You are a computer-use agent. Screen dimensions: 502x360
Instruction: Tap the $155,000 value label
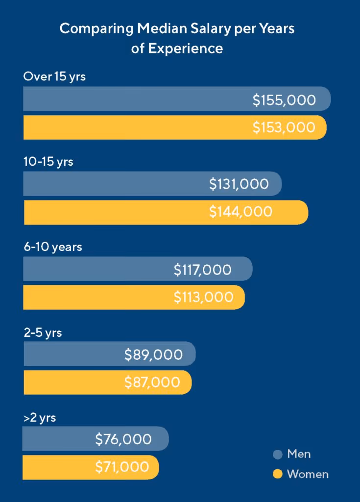[x=284, y=100]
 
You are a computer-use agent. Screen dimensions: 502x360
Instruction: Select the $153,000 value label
[x=284, y=127]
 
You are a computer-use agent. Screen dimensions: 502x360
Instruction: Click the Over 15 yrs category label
[x=54, y=76]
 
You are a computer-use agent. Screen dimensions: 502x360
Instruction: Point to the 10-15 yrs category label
[x=48, y=161]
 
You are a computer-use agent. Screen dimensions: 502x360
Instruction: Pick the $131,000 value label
[x=239, y=184]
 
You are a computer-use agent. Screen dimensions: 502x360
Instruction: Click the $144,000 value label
[x=240, y=212]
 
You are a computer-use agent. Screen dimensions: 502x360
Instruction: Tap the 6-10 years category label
[x=52, y=247]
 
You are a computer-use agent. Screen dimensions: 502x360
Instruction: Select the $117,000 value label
[x=203, y=269]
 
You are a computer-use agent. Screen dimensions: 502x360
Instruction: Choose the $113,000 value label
[x=203, y=297]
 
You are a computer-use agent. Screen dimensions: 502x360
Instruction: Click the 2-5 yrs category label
[x=43, y=332]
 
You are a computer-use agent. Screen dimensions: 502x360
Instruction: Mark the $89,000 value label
[x=153, y=354]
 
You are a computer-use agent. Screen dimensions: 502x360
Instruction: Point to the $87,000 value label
[x=152, y=382]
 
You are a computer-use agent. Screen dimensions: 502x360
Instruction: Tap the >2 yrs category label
[x=40, y=418]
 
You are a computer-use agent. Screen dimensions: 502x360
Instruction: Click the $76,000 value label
[x=123, y=439]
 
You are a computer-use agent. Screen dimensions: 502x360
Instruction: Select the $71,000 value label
[x=122, y=467]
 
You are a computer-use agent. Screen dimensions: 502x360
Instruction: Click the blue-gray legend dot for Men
[x=278, y=454]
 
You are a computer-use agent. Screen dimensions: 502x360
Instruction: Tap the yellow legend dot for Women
[x=278, y=474]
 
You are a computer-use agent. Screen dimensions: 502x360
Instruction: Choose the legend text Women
[x=308, y=474]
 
